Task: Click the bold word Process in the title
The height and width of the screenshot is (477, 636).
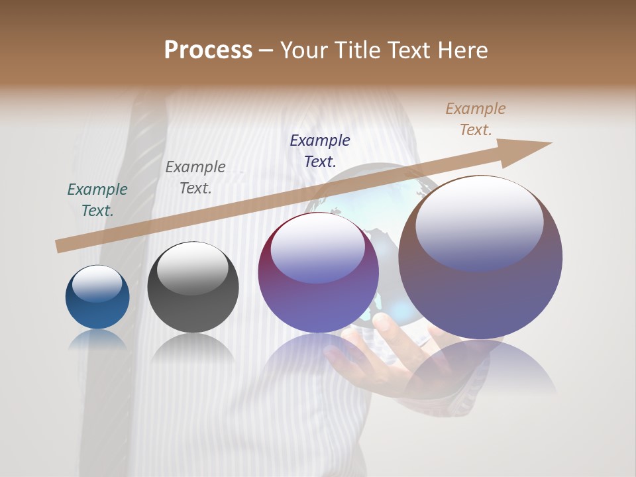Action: click(208, 50)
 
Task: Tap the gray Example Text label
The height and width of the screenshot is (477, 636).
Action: click(195, 178)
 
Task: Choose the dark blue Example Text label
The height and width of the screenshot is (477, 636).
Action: click(320, 150)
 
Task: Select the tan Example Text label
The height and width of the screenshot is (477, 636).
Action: click(476, 119)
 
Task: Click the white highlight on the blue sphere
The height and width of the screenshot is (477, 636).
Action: click(97, 283)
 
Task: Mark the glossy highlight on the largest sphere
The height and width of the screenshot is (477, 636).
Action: click(480, 222)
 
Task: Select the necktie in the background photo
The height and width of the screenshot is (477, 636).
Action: click(142, 166)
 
